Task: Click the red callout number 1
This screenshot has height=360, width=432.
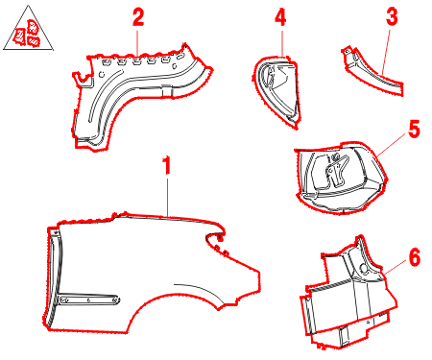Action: pyautogui.click(x=166, y=165)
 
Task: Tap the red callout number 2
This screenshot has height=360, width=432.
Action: pyautogui.click(x=138, y=17)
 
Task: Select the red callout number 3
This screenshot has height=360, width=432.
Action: pyautogui.click(x=392, y=16)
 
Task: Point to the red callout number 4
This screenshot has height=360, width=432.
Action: pyautogui.click(x=280, y=17)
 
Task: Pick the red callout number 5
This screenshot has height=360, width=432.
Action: pyautogui.click(x=414, y=129)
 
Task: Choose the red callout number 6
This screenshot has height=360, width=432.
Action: pyautogui.click(x=415, y=257)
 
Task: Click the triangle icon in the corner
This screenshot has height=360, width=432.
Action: pyautogui.click(x=28, y=31)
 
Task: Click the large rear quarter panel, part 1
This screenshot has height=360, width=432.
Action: pyautogui.click(x=151, y=272)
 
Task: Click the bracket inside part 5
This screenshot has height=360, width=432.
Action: pyautogui.click(x=336, y=171)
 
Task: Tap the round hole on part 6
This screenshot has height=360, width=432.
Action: pyautogui.click(x=364, y=268)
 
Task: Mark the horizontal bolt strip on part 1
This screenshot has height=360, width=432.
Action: pyautogui.click(x=89, y=300)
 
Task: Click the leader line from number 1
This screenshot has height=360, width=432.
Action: pyautogui.click(x=168, y=198)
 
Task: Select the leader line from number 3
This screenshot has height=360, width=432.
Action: pyautogui.click(x=385, y=52)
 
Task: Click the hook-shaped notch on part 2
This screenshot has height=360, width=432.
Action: pyautogui.click(x=84, y=80)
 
